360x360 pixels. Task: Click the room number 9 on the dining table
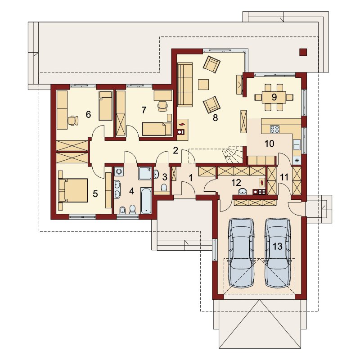point(274,97)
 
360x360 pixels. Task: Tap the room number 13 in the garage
point(277,246)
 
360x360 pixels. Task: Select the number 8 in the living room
point(215,117)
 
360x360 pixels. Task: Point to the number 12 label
point(236,183)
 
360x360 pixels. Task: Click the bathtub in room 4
point(146,200)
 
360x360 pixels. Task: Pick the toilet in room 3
point(164,187)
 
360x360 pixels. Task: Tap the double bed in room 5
point(73,190)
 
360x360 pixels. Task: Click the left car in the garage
point(241,253)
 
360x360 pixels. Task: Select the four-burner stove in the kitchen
point(275,129)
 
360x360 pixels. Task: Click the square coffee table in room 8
point(203,84)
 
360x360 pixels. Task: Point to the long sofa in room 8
point(185,85)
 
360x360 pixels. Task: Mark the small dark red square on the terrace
point(303,52)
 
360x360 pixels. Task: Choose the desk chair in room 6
point(73,121)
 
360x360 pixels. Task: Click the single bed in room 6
point(105,106)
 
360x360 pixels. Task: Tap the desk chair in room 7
point(162,106)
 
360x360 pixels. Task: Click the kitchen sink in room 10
point(297,146)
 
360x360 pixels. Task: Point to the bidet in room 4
point(122,210)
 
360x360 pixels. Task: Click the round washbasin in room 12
point(242,191)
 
